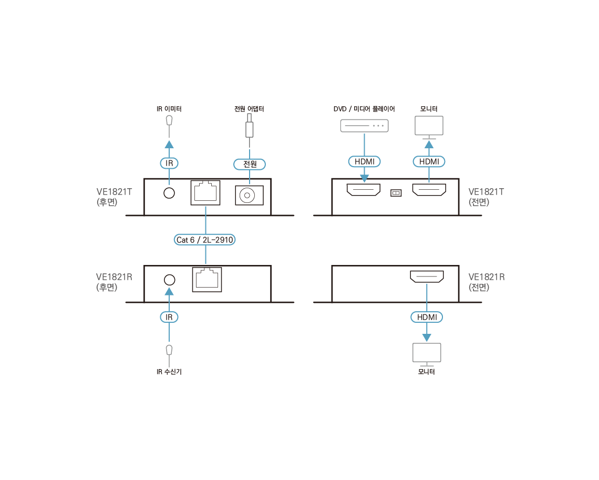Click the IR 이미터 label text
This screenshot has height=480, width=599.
pos(169,109)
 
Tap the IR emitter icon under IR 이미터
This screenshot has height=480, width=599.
pos(169,120)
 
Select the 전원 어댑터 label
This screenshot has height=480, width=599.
pos(249,109)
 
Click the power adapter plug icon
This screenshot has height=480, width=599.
pos(250,129)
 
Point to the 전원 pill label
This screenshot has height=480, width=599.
pos(250,164)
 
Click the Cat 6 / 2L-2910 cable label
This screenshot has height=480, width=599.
pos(205,240)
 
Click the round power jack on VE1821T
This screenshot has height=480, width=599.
pos(246,195)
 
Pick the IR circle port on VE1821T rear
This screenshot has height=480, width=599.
pos(169,193)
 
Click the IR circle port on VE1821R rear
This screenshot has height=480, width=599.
pos(169,279)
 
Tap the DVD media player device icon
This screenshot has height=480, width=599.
pos(364,126)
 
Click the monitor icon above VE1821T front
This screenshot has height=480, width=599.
pos(429,127)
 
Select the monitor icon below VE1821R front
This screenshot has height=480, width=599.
pos(427,353)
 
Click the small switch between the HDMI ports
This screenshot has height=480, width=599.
pos(396,193)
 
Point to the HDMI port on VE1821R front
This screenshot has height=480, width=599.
pos(427,276)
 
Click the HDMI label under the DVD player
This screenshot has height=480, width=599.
pos(364,161)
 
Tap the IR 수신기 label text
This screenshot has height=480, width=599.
pos(169,372)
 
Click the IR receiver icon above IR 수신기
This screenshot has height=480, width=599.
pos(169,349)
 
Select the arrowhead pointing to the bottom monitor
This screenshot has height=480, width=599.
pos(427,336)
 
